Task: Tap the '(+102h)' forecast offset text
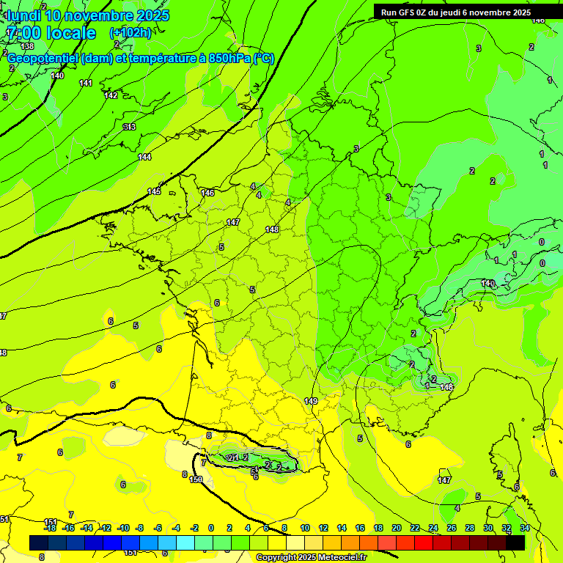(130, 33)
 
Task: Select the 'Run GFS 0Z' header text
(405, 12)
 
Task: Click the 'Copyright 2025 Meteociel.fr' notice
(311, 558)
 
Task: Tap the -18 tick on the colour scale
(50, 528)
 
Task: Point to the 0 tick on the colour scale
(211, 528)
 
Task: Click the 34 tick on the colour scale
(525, 528)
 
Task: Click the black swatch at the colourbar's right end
(515, 542)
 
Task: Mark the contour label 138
(27, 46)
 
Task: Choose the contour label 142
(111, 95)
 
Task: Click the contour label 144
(144, 157)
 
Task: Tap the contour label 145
(154, 191)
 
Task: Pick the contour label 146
(207, 193)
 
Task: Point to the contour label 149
(311, 401)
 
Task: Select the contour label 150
(196, 479)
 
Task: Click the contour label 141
(86, 83)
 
